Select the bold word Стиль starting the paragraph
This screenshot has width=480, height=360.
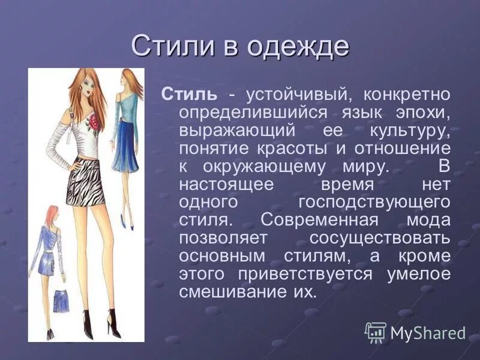pos(187,95)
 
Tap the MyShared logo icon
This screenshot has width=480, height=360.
pos(376,332)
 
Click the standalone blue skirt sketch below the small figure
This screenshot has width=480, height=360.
pos(60,301)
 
